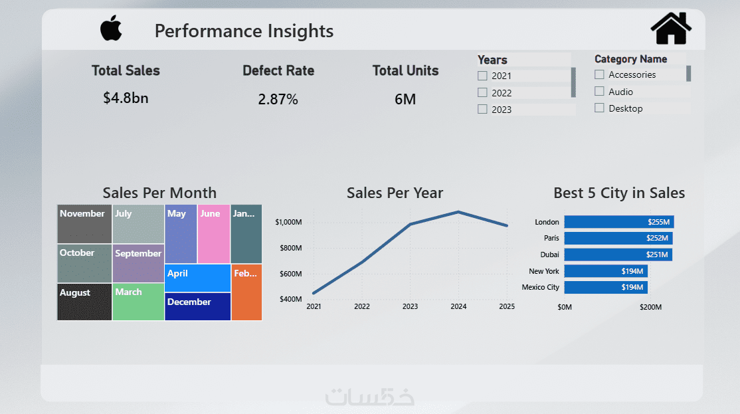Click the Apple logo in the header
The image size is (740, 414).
pos(112,29)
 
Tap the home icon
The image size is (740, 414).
pos(671,29)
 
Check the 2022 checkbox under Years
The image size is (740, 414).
pos(482,93)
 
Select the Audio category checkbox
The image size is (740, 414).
pos(599,92)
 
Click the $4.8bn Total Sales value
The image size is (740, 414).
pos(126,98)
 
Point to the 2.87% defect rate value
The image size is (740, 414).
pos(278,100)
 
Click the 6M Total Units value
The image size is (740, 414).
pos(405,100)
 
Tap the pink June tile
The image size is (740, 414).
pos(214,234)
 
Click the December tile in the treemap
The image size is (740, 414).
pos(197,306)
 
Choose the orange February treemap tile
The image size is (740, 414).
pos(246,292)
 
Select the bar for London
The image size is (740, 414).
pos(619,222)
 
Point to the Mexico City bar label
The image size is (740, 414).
pos(541,287)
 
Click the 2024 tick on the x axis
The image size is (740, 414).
pos(458,306)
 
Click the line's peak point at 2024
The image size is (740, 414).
pos(458,212)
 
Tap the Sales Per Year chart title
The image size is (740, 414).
pos(395,193)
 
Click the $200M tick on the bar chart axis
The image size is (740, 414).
pos(650,307)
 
